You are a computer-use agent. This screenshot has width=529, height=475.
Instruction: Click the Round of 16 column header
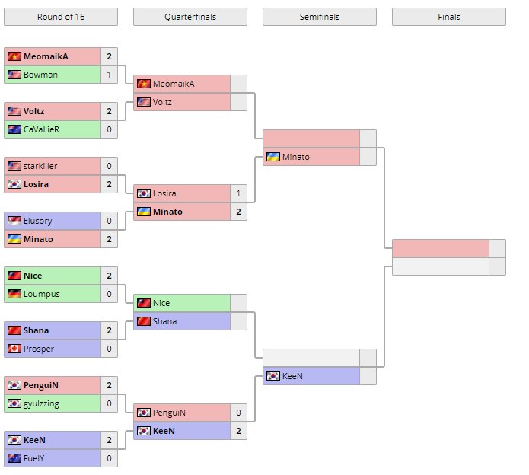pos(60,17)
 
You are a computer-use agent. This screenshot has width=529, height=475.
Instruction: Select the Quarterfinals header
pos(190,17)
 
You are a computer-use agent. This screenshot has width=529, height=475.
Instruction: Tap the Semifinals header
pos(319,17)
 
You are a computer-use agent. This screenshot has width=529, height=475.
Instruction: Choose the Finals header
pos(448,17)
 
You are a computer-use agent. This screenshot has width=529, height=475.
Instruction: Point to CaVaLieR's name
pos(42,129)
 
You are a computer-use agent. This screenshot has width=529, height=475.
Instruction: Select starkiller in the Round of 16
pos(40,166)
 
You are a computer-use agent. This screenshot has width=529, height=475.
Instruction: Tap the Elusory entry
pos(38,221)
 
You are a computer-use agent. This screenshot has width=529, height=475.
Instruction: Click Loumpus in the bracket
pos(41,294)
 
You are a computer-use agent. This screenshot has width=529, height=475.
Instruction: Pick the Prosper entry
pos(40,349)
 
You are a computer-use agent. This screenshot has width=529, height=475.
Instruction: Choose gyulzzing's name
pos(41,403)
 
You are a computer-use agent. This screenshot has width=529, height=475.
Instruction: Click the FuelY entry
pos(36,458)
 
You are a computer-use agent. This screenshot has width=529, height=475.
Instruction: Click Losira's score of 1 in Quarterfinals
pos(238,193)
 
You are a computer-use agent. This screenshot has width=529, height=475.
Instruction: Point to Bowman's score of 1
pos(109,75)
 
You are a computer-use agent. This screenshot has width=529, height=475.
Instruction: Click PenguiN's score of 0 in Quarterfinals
pos(238,413)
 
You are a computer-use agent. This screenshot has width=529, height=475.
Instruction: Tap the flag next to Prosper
pos(14,349)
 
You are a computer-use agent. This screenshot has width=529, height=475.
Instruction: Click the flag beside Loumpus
pos(14,294)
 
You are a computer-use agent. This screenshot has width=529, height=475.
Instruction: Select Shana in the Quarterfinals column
pos(164,321)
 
